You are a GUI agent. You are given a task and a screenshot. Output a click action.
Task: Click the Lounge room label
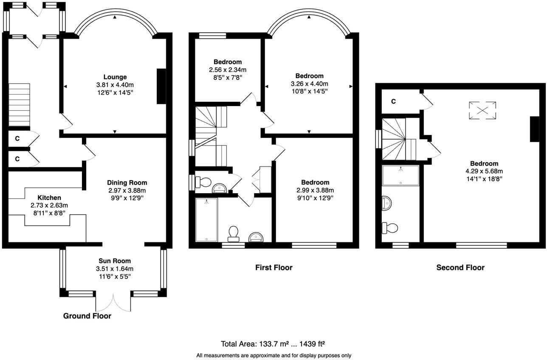(x=115, y=77)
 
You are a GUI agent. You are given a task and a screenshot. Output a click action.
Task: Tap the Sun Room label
(x=115, y=261)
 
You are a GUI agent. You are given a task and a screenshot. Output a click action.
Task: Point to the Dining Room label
(x=127, y=183)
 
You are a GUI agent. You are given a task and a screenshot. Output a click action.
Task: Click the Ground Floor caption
(x=87, y=316)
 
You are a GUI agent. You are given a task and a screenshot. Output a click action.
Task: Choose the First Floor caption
(x=273, y=267)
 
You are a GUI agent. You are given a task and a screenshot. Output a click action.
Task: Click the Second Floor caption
(x=460, y=267)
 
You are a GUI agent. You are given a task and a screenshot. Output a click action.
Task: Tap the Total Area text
(x=273, y=343)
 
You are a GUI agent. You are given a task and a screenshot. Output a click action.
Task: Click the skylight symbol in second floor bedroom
(x=482, y=110)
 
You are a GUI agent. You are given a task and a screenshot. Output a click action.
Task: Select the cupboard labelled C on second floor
(x=394, y=101)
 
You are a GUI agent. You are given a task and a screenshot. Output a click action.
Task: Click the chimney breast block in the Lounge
(x=161, y=86)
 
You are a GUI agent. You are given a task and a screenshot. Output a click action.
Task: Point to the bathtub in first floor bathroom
(x=206, y=220)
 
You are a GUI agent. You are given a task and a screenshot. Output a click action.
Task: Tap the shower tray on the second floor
(x=400, y=175)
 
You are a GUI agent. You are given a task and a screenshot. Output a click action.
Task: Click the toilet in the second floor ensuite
(x=390, y=228)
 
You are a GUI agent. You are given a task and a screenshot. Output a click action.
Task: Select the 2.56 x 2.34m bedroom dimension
(x=227, y=70)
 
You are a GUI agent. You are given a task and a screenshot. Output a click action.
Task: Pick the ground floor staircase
(x=20, y=104)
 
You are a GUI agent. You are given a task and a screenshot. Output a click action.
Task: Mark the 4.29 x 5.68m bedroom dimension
(x=484, y=171)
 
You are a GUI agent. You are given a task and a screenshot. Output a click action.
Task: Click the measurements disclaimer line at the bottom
(x=273, y=355)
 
